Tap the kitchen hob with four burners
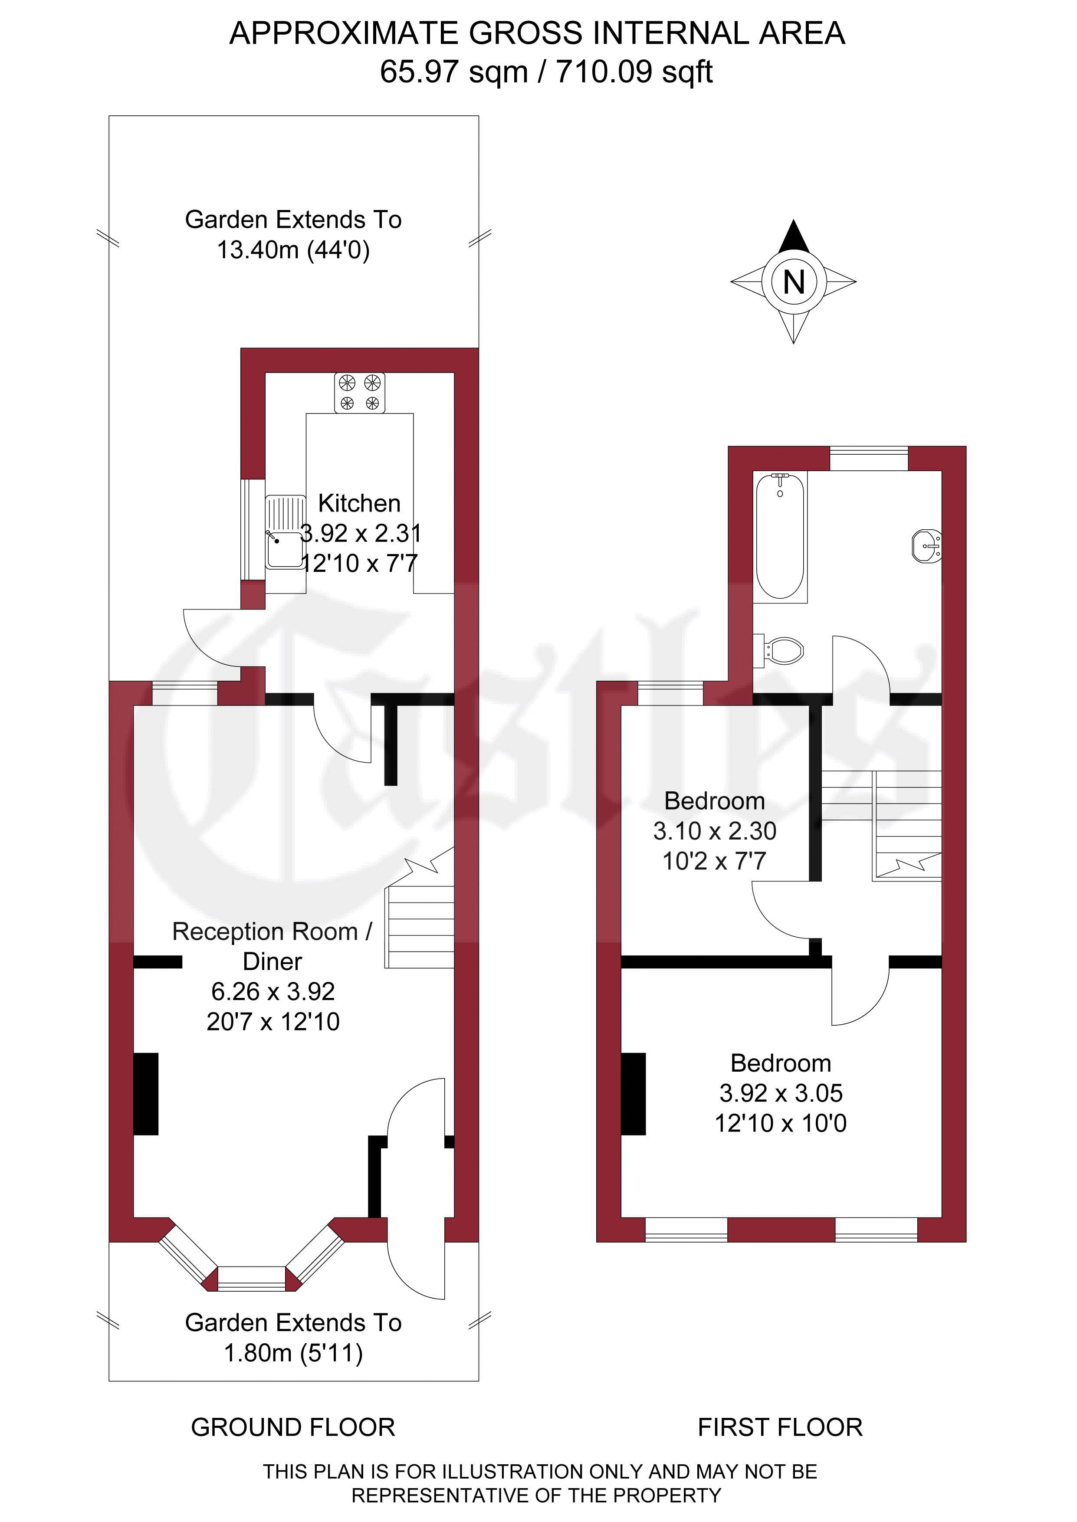click(x=359, y=393)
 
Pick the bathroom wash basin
click(x=927, y=545)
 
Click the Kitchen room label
click(x=359, y=503)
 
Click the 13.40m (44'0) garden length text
click(x=293, y=250)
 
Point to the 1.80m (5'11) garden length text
click(x=293, y=1353)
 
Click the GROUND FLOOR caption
click(x=293, y=1427)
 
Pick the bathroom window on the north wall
click(x=869, y=459)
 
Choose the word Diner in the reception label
click(x=273, y=961)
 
